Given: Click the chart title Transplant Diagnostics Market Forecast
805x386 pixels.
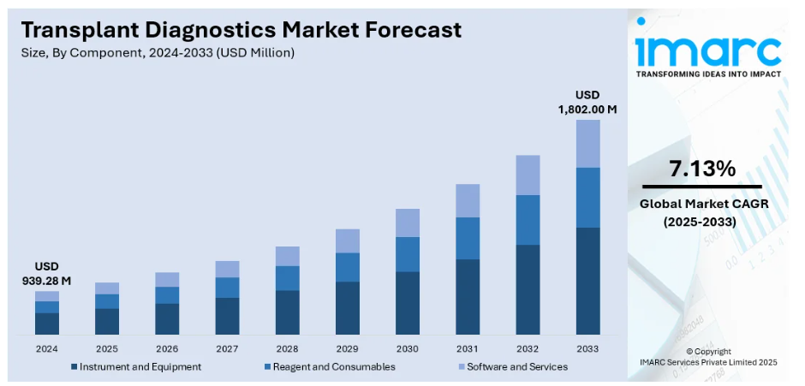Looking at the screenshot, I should [241, 30].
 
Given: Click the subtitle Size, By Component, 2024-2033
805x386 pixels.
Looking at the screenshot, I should [158, 53].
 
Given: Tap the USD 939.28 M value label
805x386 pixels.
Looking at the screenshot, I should [47, 273].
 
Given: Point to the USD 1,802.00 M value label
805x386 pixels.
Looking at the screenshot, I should [587, 102].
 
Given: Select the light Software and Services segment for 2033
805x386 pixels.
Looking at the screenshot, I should [587, 144].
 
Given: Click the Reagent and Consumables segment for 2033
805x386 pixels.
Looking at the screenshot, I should [587, 198].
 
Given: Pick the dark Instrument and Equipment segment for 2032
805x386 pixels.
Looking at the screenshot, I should [528, 289].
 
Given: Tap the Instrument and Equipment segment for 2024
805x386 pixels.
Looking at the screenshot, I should [47, 324].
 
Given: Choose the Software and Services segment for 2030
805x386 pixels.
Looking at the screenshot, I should [408, 223].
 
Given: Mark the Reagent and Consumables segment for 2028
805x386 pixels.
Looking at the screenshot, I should [288, 278].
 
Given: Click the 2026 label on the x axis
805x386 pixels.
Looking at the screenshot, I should [167, 349].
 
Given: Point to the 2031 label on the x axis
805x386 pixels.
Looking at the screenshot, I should [468, 349].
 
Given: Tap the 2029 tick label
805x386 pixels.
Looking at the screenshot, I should [347, 349].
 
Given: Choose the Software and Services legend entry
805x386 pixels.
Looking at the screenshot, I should [511, 366].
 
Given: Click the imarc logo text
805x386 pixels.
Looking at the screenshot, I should [707, 50].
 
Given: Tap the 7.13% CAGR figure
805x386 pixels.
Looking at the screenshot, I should [702, 169].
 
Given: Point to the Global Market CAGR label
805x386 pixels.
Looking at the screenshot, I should [702, 205].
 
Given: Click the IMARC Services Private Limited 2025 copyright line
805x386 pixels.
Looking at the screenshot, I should [708, 363].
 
